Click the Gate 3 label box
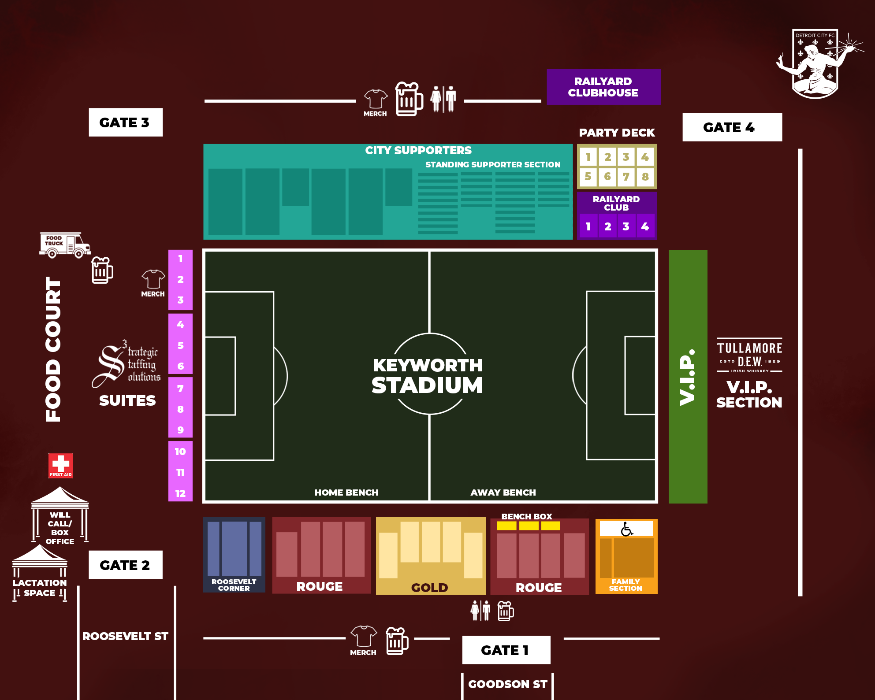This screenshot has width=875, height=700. [125, 122]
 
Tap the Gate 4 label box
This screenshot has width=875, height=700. [732, 127]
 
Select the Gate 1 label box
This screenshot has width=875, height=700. [506, 650]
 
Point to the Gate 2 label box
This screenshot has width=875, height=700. [125, 565]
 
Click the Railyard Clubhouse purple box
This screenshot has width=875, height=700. [603, 87]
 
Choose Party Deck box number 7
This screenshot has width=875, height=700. [626, 177]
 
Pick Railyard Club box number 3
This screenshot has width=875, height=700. [626, 226]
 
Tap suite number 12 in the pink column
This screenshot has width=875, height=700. [180, 493]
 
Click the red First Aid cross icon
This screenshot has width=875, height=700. [61, 465]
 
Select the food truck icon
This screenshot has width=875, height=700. [65, 244]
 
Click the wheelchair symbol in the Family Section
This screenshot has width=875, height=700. [626, 529]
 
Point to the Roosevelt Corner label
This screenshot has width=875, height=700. [234, 585]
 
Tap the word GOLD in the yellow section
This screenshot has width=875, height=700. [430, 588]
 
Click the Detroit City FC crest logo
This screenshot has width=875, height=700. [815, 64]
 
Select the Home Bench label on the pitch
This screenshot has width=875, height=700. [346, 493]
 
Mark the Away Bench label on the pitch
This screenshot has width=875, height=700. [503, 493]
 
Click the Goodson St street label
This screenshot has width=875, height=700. [508, 684]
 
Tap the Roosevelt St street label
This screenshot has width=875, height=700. [125, 636]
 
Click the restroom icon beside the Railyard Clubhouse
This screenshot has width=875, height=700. [443, 99]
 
